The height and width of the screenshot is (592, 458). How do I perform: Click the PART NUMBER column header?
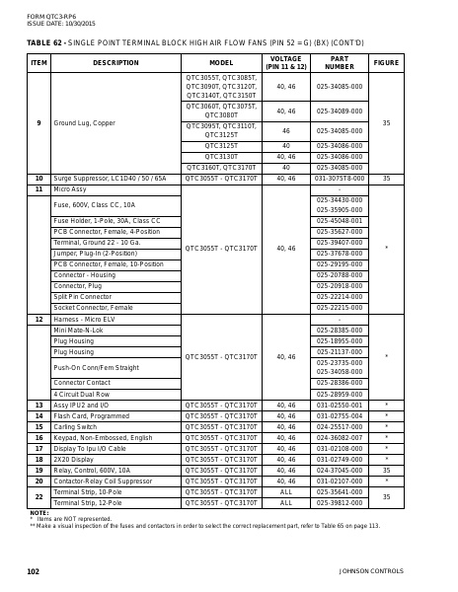[339, 62]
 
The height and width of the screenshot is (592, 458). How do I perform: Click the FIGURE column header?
[386, 62]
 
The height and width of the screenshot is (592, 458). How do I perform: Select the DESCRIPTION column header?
[115, 62]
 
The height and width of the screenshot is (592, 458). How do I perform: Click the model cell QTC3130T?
[220, 156]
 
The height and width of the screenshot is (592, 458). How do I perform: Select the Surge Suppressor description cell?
[110, 179]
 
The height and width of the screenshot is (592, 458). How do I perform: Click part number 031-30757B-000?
[339, 179]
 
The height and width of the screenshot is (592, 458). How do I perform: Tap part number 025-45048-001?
[339, 220]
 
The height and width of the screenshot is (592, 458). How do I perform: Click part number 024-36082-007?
[339, 437]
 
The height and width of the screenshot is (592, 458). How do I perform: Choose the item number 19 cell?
[38, 470]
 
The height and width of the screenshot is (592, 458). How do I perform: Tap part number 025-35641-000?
[339, 491]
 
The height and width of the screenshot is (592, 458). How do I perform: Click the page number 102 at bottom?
[33, 571]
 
